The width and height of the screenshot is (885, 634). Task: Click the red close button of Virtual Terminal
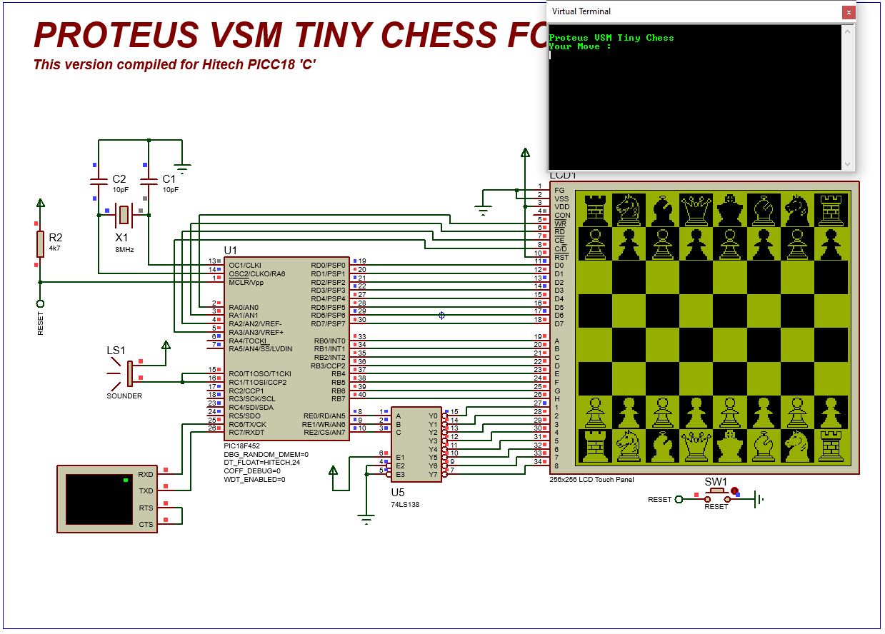pos(848,11)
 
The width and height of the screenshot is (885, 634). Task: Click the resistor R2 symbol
pos(40,243)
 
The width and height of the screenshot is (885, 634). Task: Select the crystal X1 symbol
pos(124,213)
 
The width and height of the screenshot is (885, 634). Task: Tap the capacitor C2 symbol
pos(96,179)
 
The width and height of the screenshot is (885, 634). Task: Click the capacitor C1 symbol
pos(148,179)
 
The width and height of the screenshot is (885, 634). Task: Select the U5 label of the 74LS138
pos(397,493)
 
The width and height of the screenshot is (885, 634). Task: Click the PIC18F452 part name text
pos(241,446)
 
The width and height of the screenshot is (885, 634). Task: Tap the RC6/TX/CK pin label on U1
pos(247,424)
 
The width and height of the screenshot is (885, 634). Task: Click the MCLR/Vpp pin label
pos(246,282)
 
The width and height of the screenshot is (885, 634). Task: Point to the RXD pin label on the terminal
pos(146,474)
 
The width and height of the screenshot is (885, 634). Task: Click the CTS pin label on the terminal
pos(146,525)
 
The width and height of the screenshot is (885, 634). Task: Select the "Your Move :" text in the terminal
pos(580,46)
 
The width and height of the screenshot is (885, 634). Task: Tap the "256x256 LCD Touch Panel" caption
pos(586,480)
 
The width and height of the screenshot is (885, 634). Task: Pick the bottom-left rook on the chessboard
pos(594,446)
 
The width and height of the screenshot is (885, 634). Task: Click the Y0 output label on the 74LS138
pos(433,416)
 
